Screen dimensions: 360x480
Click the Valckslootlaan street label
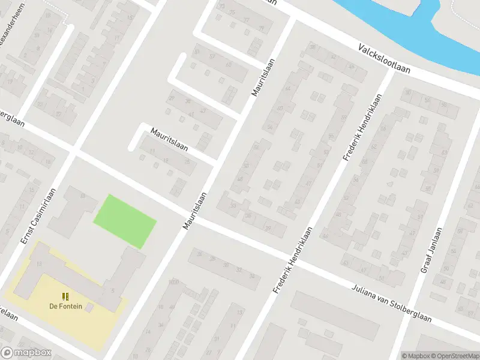point(385,58)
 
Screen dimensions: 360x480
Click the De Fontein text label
point(65,306)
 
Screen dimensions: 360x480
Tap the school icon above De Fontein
point(65,296)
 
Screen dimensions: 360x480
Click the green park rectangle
point(125,221)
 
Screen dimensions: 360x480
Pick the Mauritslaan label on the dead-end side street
point(169,139)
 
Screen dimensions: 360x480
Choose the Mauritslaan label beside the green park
point(195,210)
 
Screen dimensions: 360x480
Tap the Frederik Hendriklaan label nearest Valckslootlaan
point(362,127)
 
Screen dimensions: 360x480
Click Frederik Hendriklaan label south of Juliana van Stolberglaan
point(293,260)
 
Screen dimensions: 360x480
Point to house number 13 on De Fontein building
point(40,264)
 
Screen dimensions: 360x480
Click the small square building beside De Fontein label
point(89,307)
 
